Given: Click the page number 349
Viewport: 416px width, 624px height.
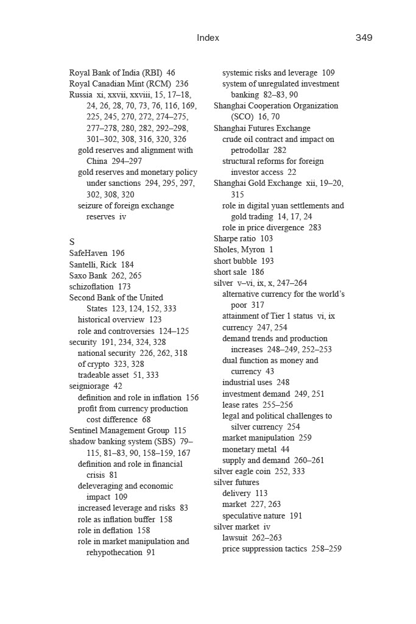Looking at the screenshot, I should click(x=364, y=38).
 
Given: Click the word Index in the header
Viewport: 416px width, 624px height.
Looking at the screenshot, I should click(x=208, y=38).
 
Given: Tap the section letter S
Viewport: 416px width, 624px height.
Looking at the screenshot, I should click(x=72, y=241).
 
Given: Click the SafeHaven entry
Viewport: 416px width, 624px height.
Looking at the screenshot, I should click(x=88, y=253).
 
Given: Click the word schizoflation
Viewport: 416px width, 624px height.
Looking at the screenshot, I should click(x=91, y=286).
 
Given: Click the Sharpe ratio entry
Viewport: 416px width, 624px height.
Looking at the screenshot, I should click(x=234, y=238).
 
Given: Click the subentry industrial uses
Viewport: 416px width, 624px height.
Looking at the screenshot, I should click(x=247, y=383).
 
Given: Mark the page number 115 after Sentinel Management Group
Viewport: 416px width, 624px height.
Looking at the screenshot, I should click(x=180, y=430).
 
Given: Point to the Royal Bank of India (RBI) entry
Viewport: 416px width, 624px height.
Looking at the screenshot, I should click(x=114, y=73).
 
